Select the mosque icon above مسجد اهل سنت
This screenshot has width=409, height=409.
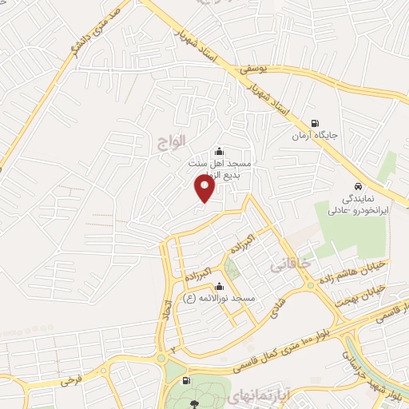coord(220,152)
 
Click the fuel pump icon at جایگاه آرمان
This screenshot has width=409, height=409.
coord(316,124)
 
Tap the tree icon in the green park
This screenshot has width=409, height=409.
coord(195,403)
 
